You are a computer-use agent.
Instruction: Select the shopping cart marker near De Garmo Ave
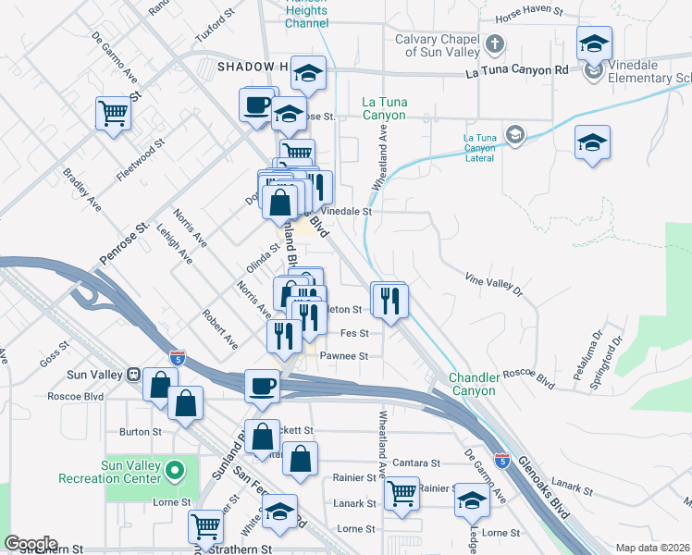tap(113, 115)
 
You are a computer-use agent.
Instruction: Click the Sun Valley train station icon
tap(133, 375)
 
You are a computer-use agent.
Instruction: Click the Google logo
tap(31, 544)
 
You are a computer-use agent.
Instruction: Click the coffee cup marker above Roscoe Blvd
tap(262, 385)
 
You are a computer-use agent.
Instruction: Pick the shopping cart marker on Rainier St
tap(401, 492)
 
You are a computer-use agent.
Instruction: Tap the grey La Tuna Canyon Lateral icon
tap(515, 136)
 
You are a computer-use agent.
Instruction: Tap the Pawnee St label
tap(344, 355)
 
